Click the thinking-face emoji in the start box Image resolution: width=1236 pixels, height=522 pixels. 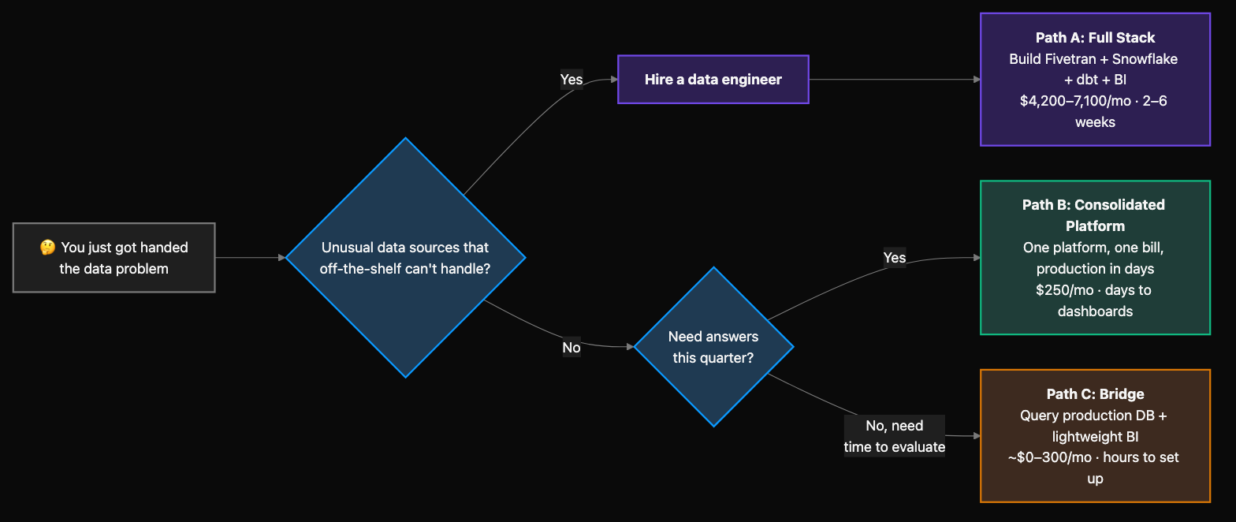click(x=47, y=248)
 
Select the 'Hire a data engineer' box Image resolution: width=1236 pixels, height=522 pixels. click(x=713, y=80)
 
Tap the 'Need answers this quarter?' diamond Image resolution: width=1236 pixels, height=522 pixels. click(x=713, y=347)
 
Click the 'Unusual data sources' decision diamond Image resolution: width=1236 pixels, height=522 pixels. click(x=405, y=258)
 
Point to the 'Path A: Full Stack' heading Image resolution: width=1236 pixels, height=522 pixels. click(x=1095, y=38)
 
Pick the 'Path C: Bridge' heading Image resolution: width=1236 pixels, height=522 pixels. click(x=1095, y=394)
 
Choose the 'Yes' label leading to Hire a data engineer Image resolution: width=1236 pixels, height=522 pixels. click(x=571, y=80)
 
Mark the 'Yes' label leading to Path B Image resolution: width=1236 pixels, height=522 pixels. click(x=895, y=258)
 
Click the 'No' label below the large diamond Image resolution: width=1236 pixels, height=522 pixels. click(x=571, y=348)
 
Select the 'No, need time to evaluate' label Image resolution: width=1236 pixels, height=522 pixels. click(x=895, y=436)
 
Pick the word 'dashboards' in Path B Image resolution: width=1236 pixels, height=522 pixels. click(x=1095, y=311)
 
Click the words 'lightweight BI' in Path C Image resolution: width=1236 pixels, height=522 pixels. click(x=1095, y=437)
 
